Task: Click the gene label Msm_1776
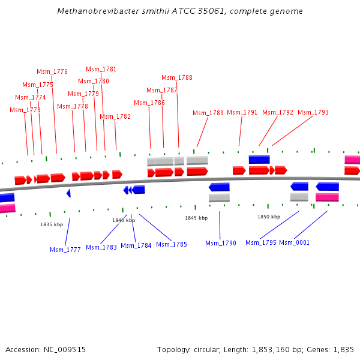pyautogui.click(x=52, y=71)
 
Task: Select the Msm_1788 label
pyautogui.click(x=177, y=77)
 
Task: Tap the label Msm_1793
pyautogui.click(x=313, y=112)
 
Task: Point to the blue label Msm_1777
pyautogui.click(x=65, y=250)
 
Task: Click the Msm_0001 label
pyautogui.click(x=295, y=242)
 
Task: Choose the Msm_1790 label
pyautogui.click(x=221, y=243)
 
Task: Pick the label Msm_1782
pyautogui.click(x=115, y=116)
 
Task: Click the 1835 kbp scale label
pyautogui.click(x=52, y=224)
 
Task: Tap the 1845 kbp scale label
pyautogui.click(x=196, y=218)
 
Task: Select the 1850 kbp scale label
pyautogui.click(x=269, y=217)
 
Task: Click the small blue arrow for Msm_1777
pyautogui.click(x=68, y=193)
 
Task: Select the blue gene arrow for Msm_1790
pyautogui.click(x=219, y=187)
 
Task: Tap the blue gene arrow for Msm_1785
pyautogui.click(x=139, y=190)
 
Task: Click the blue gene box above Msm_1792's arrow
pyautogui.click(x=259, y=160)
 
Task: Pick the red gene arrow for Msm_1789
pyautogui.click(x=197, y=172)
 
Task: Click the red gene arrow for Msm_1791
pyautogui.click(x=239, y=170)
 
